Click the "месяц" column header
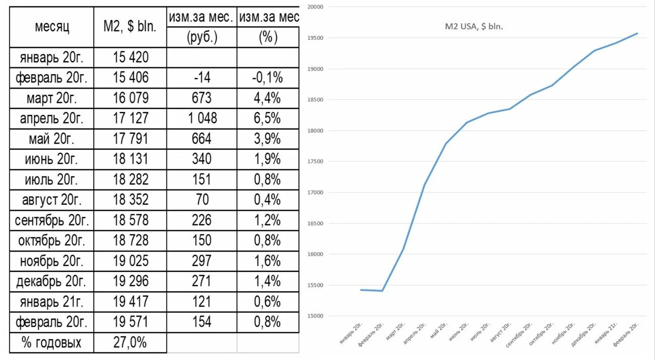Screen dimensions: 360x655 click(x=52, y=27)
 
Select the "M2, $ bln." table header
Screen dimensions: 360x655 click(x=130, y=27)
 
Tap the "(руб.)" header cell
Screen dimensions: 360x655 click(x=201, y=38)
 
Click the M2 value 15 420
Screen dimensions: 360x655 click(x=130, y=57)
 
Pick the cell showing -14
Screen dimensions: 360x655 click(x=201, y=78)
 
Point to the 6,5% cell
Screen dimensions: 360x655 click(x=268, y=118)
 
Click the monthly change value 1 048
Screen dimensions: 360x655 click(x=201, y=118)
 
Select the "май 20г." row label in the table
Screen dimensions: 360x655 click(x=52, y=139)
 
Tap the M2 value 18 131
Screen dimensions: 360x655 click(x=130, y=159)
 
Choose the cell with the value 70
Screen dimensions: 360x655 click(x=201, y=200)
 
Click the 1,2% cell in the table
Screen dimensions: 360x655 click(x=268, y=220)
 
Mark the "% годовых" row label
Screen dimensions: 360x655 click(x=52, y=343)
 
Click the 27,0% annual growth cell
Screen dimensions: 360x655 click(x=130, y=343)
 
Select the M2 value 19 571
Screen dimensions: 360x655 click(x=130, y=322)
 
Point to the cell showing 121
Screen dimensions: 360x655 click(x=201, y=302)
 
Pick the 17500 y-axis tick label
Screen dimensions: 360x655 click(x=315, y=162)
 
